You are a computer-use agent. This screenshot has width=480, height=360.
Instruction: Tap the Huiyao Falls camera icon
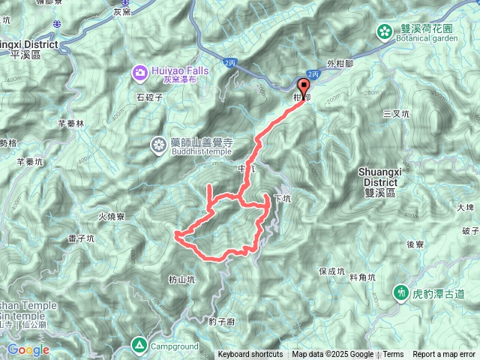click(140, 72)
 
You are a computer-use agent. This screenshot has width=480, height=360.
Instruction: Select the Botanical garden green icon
click(383, 31)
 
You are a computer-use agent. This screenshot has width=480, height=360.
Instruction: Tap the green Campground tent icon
click(139, 345)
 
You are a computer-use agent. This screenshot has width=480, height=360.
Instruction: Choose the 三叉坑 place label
click(395, 114)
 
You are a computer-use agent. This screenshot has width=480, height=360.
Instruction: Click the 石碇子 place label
click(149, 97)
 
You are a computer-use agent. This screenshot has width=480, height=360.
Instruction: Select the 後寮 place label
click(415, 244)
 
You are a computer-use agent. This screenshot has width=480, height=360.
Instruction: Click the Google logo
click(28, 349)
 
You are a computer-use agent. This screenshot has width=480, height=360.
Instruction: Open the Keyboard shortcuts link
click(250, 355)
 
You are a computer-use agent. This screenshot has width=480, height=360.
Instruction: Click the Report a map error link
click(445, 355)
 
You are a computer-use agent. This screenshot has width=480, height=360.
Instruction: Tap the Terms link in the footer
click(393, 355)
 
